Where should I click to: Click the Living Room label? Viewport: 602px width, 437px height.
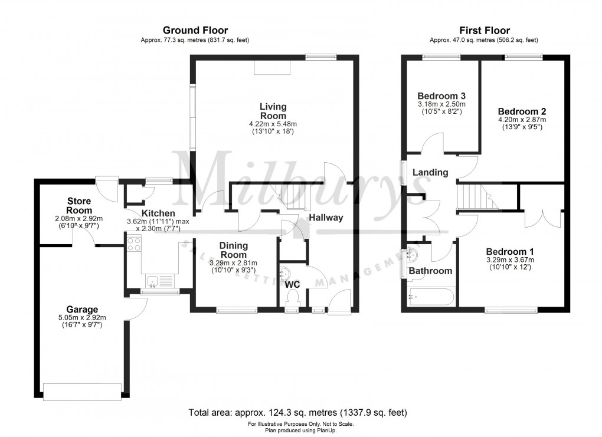pyautogui.click(x=273, y=111)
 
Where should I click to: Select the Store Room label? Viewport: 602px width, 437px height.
pyautogui.click(x=78, y=206)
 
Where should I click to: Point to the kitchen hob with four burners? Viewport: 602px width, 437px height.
pyautogui.click(x=134, y=243)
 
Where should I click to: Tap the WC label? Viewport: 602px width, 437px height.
pyautogui.click(x=293, y=285)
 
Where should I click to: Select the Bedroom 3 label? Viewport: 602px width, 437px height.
pyautogui.click(x=441, y=96)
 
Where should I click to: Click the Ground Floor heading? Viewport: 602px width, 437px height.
pyautogui.click(x=195, y=31)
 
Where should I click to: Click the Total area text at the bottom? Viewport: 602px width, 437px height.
pyautogui.click(x=297, y=412)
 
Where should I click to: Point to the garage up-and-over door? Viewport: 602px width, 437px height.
pyautogui.click(x=82, y=392)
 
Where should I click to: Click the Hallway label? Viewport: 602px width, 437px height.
pyautogui.click(x=326, y=218)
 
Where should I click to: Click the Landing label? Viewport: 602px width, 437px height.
pyautogui.click(x=430, y=173)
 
